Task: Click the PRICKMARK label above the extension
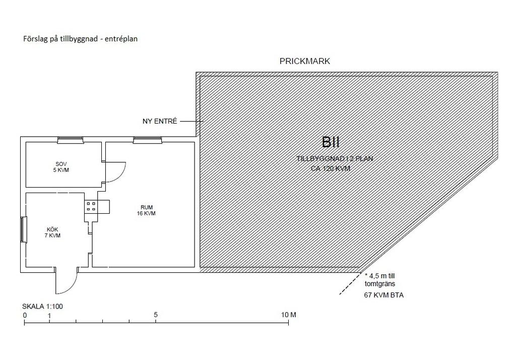[305, 62]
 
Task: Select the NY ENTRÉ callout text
[160, 122]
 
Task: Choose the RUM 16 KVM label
[147, 210]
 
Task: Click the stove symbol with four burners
[91, 206]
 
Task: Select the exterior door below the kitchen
[66, 280]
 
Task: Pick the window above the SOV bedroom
[70, 140]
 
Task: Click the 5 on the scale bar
[156, 315]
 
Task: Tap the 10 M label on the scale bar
[289, 315]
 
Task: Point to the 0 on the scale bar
[25, 315]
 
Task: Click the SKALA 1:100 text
[42, 306]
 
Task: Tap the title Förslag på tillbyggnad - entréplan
[80, 38]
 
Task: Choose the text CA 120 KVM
[331, 168]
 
